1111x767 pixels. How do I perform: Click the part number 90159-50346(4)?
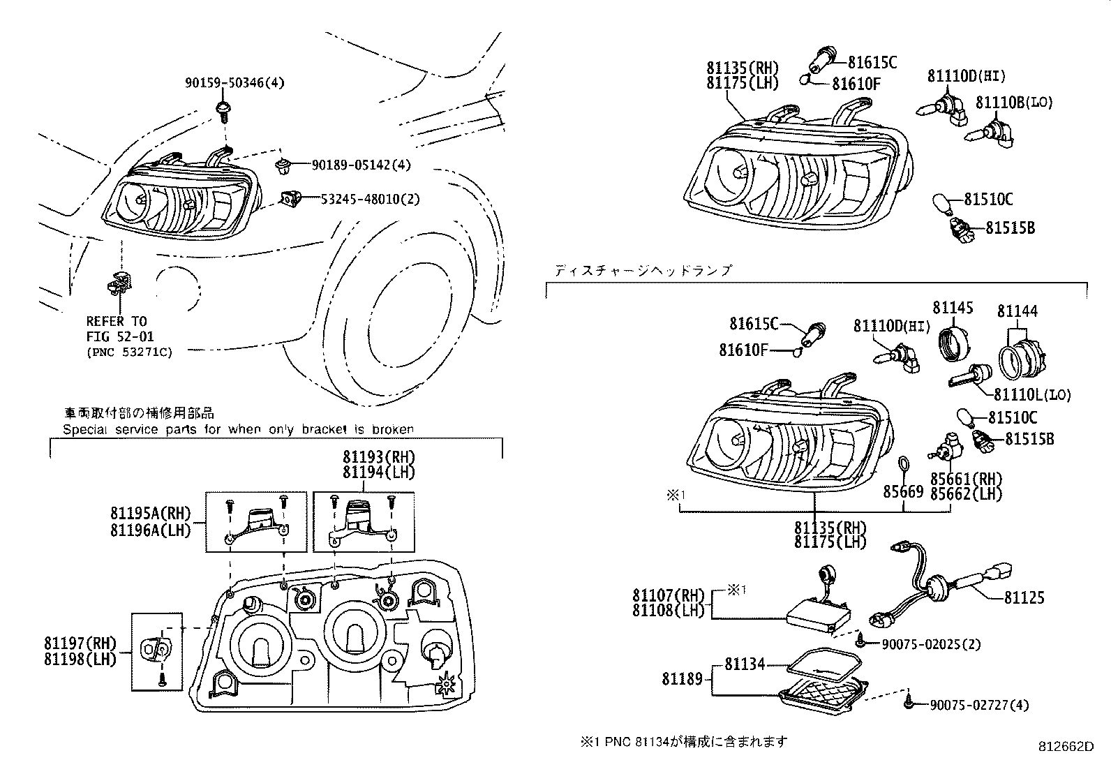click(x=234, y=83)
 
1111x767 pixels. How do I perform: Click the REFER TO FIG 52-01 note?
click(x=117, y=329)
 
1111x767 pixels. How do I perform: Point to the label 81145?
click(x=953, y=308)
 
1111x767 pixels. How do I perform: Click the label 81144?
click(x=1017, y=311)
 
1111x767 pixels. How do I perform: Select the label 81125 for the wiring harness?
click(x=1024, y=598)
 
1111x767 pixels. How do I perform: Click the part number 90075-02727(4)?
click(x=979, y=706)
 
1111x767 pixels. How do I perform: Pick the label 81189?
click(x=682, y=678)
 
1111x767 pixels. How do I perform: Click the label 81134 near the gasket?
click(x=745, y=664)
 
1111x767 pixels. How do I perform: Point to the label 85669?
click(x=903, y=491)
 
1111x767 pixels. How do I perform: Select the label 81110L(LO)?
click(x=1031, y=395)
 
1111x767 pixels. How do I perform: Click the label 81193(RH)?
click(x=378, y=457)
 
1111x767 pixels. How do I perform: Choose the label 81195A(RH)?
click(x=150, y=514)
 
